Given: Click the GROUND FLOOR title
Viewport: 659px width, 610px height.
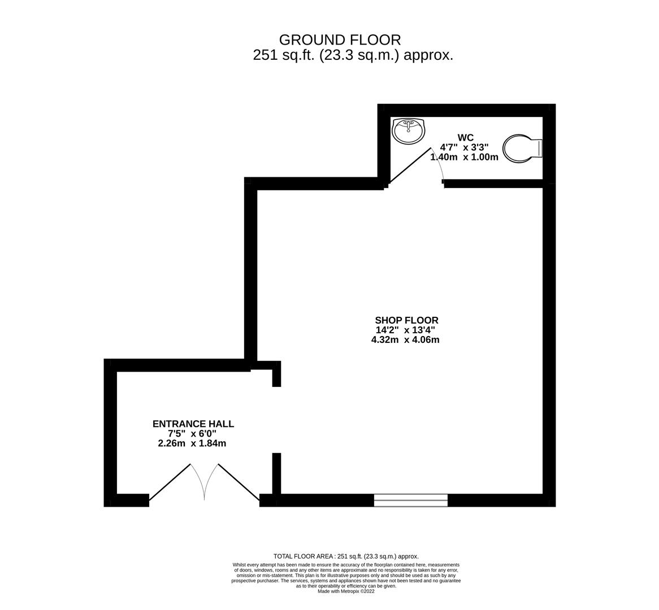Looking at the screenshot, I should [340, 40].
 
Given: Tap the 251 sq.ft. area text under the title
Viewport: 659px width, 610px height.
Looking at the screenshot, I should [353, 55].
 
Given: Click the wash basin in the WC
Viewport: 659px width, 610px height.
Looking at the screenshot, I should [408, 131].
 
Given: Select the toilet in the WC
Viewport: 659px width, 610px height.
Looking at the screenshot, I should [522, 149].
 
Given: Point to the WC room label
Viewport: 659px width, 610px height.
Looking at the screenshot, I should [465, 138].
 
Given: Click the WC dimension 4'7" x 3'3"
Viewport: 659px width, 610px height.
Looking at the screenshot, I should [464, 147].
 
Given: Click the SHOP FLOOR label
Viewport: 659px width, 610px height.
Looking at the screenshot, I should [406, 320].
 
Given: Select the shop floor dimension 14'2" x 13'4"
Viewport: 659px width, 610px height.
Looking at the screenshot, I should [405, 330].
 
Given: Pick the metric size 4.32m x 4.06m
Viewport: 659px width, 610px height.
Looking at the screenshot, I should [405, 339].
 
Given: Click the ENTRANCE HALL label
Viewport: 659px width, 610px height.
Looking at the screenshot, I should [193, 424].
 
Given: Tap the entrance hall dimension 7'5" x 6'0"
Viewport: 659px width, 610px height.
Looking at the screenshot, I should [192, 433].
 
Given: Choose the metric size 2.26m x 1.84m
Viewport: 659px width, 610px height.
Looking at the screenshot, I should [192, 443].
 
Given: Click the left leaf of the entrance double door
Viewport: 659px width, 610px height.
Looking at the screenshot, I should [170, 482].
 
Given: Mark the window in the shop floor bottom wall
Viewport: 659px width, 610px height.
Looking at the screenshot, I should [410, 500].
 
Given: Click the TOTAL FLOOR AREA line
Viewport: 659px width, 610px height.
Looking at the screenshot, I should [345, 556].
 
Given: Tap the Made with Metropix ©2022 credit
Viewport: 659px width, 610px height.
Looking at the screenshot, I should [345, 591].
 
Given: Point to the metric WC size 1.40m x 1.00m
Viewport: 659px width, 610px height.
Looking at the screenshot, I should [464, 157].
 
